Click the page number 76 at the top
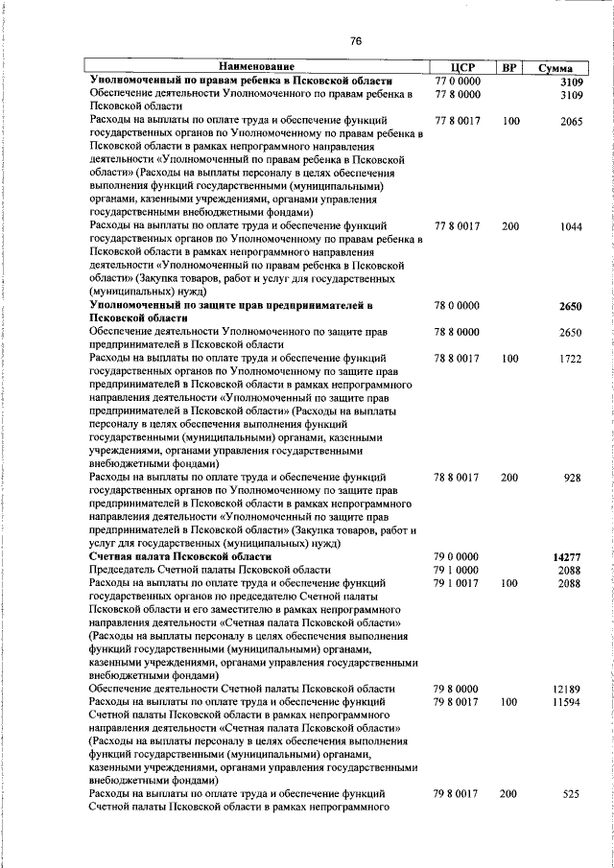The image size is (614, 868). [356, 40]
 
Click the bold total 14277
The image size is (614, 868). [568, 556]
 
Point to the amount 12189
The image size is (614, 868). [568, 689]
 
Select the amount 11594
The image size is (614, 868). [568, 702]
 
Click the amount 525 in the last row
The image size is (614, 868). [573, 794]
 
